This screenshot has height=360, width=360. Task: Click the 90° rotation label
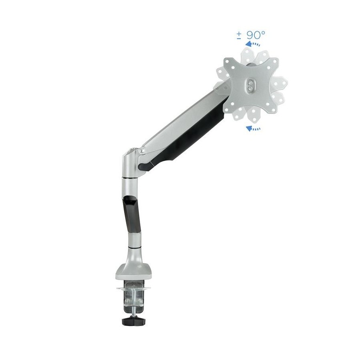256,35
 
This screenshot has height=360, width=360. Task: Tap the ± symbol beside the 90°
239,35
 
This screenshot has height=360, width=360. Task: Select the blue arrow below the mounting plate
253,128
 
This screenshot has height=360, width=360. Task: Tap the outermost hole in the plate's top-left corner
227,62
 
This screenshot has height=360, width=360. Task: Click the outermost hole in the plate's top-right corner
275,61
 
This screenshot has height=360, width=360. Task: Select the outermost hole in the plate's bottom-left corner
227,110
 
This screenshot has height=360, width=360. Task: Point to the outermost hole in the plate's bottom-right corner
274,110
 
